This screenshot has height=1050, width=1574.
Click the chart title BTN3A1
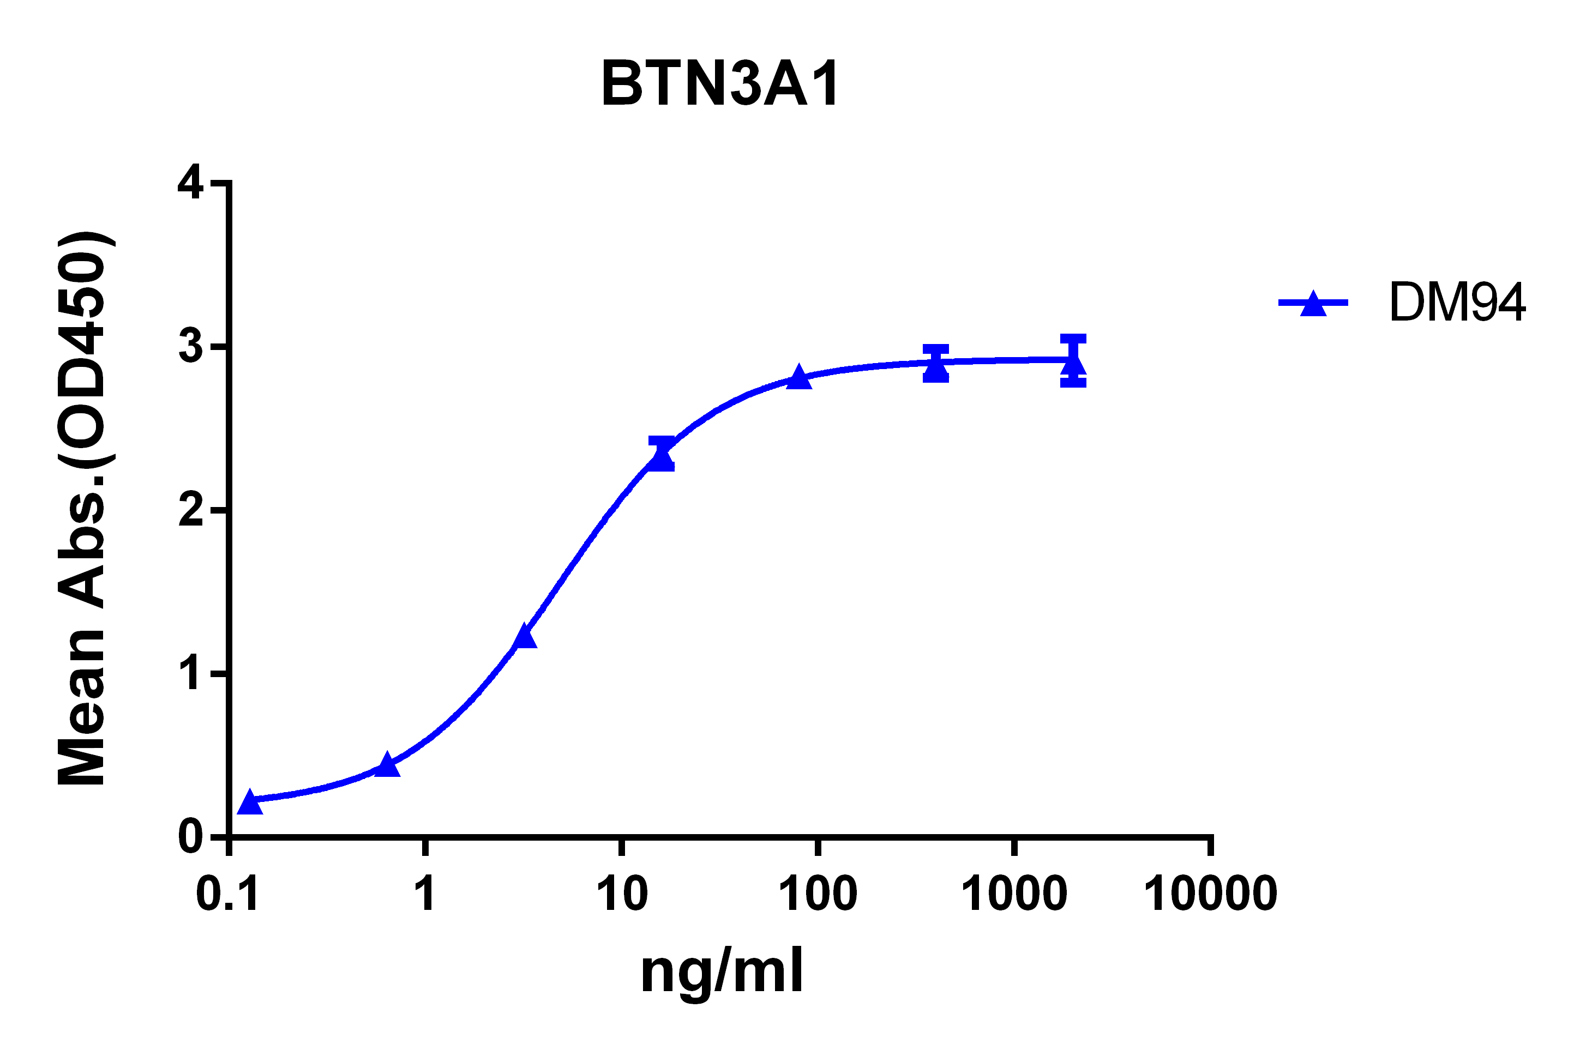click(720, 85)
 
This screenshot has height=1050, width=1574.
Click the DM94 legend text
click(1457, 303)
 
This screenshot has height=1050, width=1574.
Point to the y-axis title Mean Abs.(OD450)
click(82, 509)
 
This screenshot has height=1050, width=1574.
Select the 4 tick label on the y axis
click(191, 182)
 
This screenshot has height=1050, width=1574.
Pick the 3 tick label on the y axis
click(191, 346)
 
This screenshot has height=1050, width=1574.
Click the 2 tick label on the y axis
click(191, 510)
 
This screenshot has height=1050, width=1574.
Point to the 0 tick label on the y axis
click(191, 836)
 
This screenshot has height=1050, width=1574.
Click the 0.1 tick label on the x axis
click(228, 894)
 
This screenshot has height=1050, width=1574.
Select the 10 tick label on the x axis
click(622, 894)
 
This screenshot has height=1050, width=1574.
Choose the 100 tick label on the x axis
click(818, 894)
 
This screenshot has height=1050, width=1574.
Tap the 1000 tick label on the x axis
click(1014, 894)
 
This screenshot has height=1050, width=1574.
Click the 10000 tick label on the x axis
click(1210, 894)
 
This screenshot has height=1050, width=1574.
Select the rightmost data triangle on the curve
click(1073, 364)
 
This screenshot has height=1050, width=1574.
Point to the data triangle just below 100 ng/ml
click(798, 378)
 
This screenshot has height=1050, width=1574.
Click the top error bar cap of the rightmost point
click(1073, 339)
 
